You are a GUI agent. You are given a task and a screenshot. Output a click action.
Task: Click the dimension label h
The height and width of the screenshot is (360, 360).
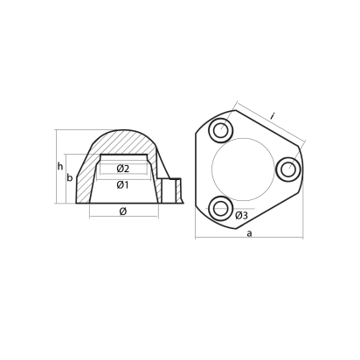pyautogui.click(x=60, y=166)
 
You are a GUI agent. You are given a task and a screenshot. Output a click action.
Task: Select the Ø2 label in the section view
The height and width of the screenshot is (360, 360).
pyautogui.click(x=123, y=169)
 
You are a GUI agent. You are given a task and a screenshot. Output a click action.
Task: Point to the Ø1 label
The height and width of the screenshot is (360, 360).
pyautogui.click(x=123, y=184)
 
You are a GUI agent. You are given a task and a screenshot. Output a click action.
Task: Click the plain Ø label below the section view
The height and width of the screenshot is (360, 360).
pyautogui.click(x=122, y=211)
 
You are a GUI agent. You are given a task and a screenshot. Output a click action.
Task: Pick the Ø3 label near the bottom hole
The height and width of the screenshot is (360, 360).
pyautogui.click(x=240, y=215)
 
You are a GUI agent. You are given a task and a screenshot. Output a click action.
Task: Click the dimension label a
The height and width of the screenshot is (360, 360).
pyautogui.click(x=249, y=233)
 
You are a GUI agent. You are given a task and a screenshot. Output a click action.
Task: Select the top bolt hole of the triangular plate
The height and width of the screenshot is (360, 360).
pyautogui.click(x=221, y=130)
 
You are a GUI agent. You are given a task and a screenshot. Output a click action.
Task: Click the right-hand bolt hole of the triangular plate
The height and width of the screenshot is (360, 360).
pyautogui.click(x=287, y=167)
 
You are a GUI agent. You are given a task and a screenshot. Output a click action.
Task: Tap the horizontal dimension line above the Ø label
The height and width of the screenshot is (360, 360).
pyautogui.click(x=122, y=218)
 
